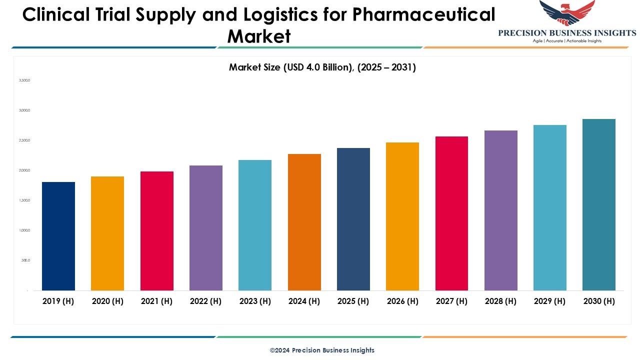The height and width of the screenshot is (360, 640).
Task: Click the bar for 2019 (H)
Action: click(58, 236)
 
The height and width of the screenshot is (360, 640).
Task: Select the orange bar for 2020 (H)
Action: click(107, 233)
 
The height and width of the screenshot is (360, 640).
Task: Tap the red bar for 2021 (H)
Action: click(157, 231)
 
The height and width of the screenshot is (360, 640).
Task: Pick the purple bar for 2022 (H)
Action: click(206, 228)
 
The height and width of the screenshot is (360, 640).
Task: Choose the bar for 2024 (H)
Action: click(304, 222)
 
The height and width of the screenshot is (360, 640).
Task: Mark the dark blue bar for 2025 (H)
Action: click(353, 219)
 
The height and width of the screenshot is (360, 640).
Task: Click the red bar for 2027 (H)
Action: click(451, 213)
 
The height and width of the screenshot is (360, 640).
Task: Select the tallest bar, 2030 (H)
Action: click(599, 204)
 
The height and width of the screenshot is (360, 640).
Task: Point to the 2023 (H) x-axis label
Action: click(255, 301)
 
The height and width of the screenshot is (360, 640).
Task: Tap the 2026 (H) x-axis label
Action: click(402, 301)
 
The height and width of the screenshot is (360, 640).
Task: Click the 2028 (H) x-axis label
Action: click(500, 301)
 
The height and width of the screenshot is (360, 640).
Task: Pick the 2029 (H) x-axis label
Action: click(550, 301)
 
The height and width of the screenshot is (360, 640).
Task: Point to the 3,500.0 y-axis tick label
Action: click(24, 80)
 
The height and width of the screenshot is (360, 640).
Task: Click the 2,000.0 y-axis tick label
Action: click(24, 170)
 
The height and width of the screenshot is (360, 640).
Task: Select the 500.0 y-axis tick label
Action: click(25, 260)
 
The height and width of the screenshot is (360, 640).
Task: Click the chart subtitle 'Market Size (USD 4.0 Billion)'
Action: click(322, 67)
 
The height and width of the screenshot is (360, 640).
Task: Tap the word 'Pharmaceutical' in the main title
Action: click(423, 15)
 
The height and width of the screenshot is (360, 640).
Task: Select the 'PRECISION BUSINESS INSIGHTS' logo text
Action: click(567, 33)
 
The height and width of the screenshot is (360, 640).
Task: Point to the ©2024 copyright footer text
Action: click(322, 350)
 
